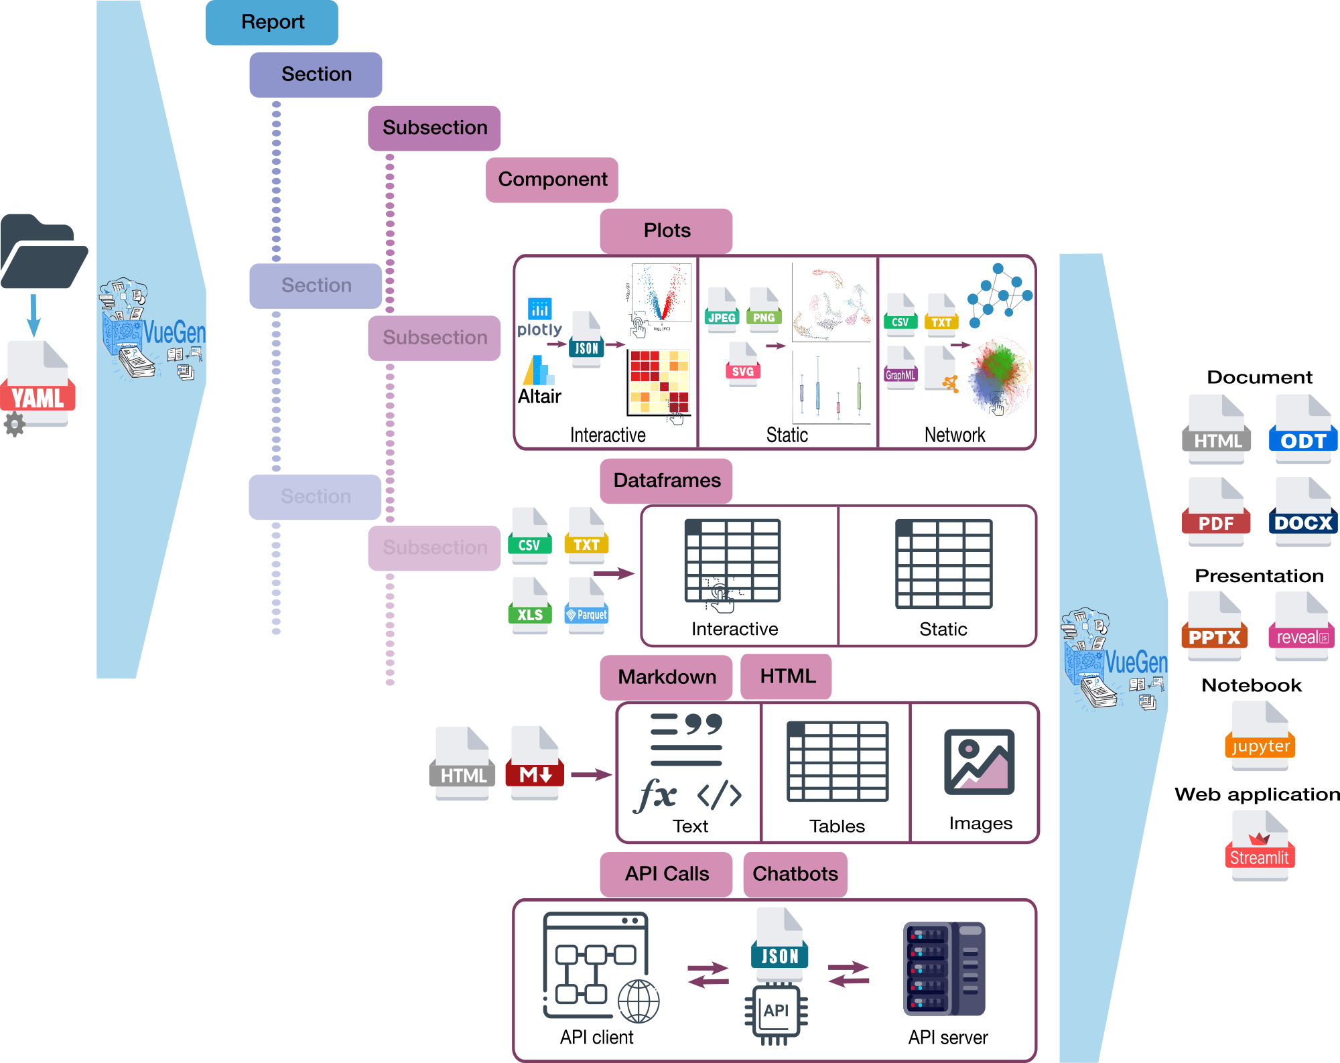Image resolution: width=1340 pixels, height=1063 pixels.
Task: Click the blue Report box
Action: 271,22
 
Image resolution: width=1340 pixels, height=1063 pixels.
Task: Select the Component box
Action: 551,180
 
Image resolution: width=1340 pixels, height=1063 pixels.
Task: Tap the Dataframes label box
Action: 666,480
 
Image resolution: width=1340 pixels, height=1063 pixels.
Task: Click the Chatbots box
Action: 795,873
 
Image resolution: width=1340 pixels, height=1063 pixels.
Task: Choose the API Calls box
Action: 666,873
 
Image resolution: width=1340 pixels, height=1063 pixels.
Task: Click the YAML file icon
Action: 38,385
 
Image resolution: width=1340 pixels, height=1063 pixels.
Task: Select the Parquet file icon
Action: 587,605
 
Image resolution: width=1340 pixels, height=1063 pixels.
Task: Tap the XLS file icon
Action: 530,605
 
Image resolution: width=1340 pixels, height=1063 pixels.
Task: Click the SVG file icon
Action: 742,364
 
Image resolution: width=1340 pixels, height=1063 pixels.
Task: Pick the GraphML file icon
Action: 900,367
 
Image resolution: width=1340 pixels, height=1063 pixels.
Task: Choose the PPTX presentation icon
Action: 1214,626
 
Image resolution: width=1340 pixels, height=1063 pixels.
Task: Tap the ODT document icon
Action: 1302,429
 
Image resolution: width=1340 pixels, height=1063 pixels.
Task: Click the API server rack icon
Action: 944,969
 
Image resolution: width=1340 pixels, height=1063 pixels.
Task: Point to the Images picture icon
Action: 979,762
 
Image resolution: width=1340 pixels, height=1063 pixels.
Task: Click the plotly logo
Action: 539,317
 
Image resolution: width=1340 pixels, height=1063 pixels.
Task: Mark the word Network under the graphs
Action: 954,435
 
